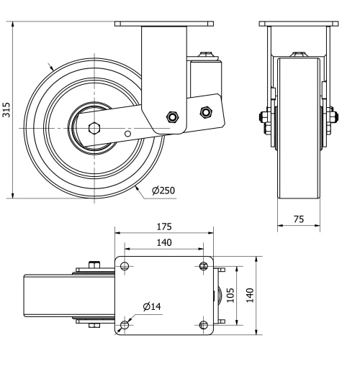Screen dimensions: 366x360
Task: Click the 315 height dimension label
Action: (6, 109)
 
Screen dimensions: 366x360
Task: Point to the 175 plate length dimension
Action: (164, 227)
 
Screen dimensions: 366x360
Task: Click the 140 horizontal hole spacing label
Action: (164, 243)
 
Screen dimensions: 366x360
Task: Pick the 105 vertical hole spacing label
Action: (230, 296)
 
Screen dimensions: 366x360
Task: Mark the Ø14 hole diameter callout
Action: (152, 306)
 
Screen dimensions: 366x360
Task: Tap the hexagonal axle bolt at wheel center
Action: (94, 127)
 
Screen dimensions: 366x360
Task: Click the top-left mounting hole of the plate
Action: (125, 267)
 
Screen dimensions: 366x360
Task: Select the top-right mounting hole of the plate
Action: (204, 267)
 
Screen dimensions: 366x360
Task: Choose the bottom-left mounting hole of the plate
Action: (125, 325)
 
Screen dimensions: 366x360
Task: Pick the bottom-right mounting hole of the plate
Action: (204, 325)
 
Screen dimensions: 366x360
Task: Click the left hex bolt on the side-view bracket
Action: (172, 116)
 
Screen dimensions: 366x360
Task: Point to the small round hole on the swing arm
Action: (127, 133)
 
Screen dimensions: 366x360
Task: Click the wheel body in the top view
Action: (50, 296)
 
